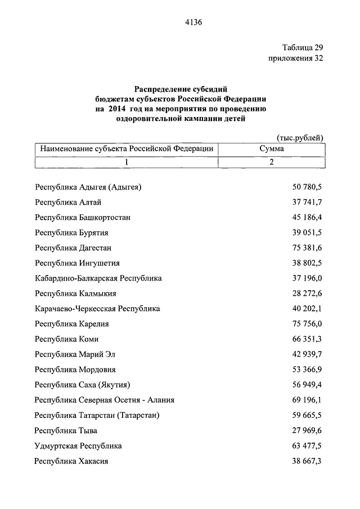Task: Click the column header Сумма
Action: [x=271, y=149]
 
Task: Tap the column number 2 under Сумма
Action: [x=271, y=162]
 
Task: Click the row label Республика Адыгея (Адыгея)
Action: [x=88, y=187]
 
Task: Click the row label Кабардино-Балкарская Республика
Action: [x=98, y=278]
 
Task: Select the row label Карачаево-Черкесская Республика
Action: [x=97, y=308]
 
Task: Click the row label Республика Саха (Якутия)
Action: [x=83, y=385]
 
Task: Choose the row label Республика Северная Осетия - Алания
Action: [x=104, y=400]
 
